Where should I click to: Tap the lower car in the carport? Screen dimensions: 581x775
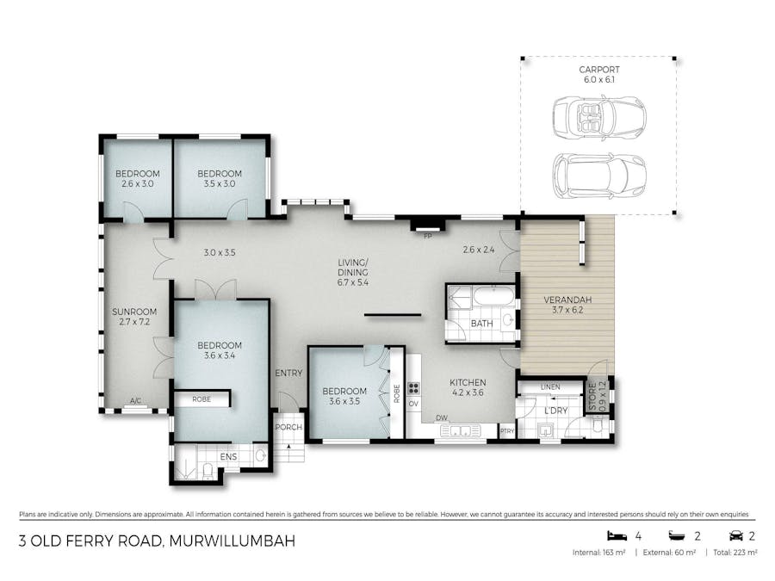pos(599,175)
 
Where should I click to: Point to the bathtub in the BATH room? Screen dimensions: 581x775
pos(493,298)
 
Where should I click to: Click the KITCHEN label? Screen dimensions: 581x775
pos(468,382)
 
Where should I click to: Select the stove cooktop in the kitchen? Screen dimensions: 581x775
pos(413,387)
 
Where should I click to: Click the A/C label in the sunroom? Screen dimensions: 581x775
pos(134,401)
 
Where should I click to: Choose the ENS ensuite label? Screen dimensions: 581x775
pos(228,456)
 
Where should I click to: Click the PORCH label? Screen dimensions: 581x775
pos(286,428)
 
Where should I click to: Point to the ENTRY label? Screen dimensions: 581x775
pos(288,373)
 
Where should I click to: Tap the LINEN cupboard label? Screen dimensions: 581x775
pos(549,387)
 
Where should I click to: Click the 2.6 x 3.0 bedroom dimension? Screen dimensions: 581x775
pos(137,184)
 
